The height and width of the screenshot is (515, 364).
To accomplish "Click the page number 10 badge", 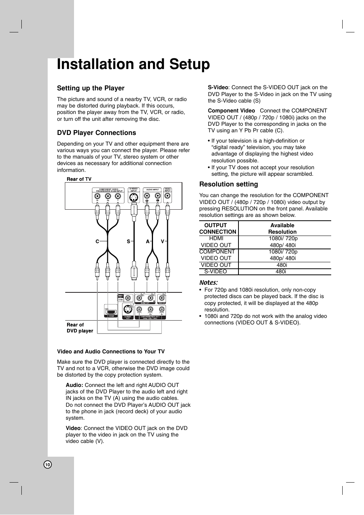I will tap(47, 465).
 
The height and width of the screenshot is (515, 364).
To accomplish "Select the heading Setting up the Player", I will tap(90, 88).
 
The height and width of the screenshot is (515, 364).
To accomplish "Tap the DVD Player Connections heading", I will tap(96, 133).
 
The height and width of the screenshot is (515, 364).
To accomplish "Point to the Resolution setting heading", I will tap(228, 184).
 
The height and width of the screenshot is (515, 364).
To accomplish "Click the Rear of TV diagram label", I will tap(79, 179).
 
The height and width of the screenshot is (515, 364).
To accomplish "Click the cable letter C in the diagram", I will tap(97, 241).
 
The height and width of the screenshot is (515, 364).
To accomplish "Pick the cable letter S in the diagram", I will tap(129, 241).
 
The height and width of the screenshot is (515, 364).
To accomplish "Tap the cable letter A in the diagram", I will tap(147, 241).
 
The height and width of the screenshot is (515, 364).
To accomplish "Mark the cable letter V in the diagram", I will tap(162, 241).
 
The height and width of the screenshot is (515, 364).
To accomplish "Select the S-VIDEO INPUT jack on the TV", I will tap(134, 198).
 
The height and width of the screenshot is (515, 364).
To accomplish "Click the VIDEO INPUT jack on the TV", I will tap(168, 196).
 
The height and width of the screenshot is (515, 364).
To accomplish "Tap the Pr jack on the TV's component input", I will tap(98, 197).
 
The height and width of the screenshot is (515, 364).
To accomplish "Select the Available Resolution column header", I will tap(282, 228).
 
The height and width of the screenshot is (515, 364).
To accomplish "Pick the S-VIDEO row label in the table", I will tap(215, 271).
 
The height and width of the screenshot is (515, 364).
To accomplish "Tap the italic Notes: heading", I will tap(208, 282).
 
